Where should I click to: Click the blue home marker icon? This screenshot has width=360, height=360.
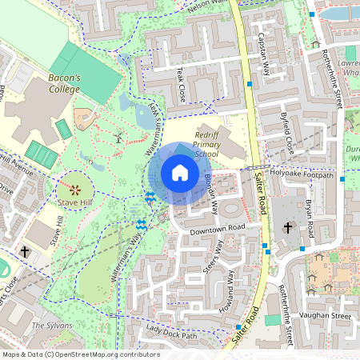point(180,172)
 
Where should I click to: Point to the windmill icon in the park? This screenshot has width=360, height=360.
point(118,137)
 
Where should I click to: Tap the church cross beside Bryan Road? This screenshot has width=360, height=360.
point(288,228)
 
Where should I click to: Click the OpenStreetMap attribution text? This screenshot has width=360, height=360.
point(80,354)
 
